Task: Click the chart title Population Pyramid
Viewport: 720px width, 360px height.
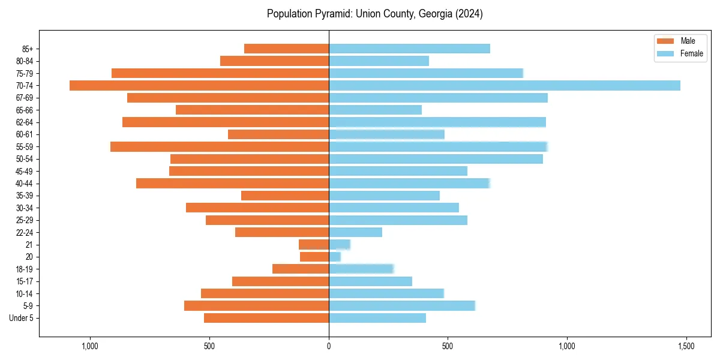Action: [374, 14]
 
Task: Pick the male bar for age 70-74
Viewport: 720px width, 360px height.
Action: [199, 85]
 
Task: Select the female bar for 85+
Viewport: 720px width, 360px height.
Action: [409, 49]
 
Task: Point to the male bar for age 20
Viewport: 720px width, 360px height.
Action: [314, 257]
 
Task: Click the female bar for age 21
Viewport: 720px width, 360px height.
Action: [339, 244]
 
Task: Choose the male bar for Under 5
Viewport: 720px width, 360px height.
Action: [266, 318]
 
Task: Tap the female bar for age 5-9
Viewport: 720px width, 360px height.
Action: [401, 305]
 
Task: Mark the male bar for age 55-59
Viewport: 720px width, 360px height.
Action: [220, 146]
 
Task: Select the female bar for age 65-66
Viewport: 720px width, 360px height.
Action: [375, 110]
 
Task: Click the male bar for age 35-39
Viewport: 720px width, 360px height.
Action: [285, 196]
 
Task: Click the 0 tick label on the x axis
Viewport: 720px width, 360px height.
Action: [329, 346]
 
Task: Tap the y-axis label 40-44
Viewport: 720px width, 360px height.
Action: [25, 184]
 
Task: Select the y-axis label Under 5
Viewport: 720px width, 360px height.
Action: [22, 318]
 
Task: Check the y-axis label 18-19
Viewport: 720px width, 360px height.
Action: [25, 269]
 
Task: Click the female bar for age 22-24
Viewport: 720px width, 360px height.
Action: [355, 232]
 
